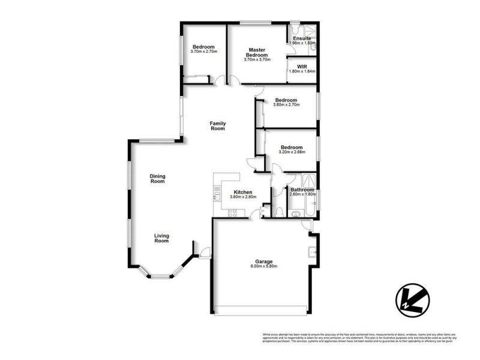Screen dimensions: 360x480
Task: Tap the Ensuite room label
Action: (x=302, y=38)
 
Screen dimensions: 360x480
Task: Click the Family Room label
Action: (x=217, y=126)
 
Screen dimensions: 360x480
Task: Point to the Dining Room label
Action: (x=157, y=178)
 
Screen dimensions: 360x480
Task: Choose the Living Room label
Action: (x=161, y=238)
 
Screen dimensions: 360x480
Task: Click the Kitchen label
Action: (x=243, y=192)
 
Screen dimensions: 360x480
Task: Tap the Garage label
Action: (x=263, y=262)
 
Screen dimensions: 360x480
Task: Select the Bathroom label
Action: (x=302, y=190)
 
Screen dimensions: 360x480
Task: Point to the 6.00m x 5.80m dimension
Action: (x=263, y=266)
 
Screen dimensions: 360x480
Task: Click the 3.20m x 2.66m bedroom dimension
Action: (x=292, y=152)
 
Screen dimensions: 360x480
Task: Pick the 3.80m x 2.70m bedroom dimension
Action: (x=286, y=105)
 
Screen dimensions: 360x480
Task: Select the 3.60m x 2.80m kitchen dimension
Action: (x=243, y=197)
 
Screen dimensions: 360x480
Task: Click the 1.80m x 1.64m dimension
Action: (x=302, y=71)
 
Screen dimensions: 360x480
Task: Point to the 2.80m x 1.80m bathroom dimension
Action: (x=302, y=194)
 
